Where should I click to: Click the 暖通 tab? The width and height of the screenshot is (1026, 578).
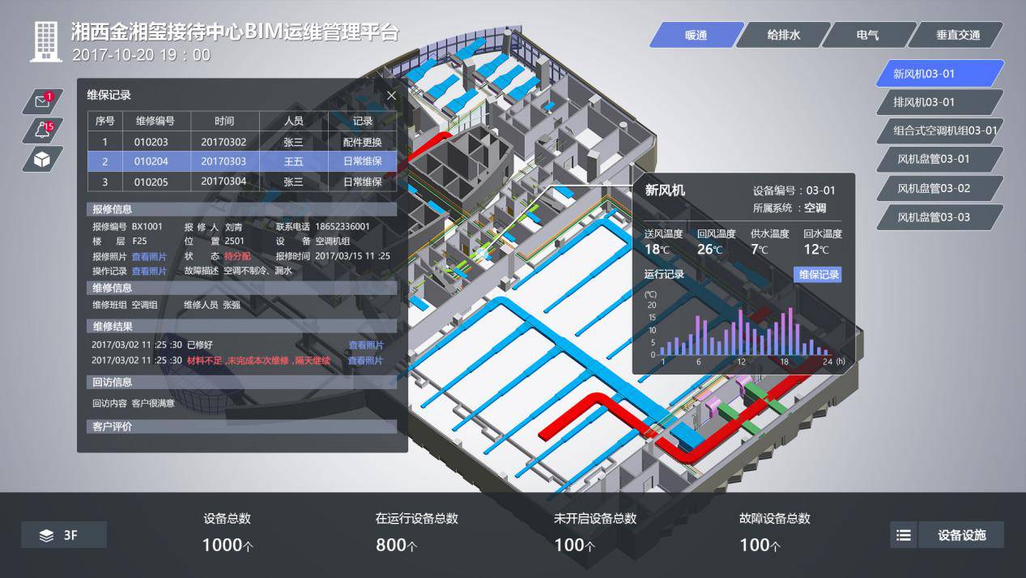pyautogui.click(x=696, y=35)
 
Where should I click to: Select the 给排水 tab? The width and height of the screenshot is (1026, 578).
pyautogui.click(x=784, y=35)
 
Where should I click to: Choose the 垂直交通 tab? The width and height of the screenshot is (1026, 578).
pyautogui.click(x=957, y=35)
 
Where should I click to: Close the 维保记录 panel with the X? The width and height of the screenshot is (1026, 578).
pyautogui.click(x=391, y=96)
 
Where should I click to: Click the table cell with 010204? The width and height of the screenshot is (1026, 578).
pyautogui.click(x=151, y=161)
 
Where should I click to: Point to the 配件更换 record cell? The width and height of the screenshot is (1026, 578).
pyautogui.click(x=363, y=142)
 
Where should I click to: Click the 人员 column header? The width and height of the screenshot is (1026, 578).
pyautogui.click(x=293, y=121)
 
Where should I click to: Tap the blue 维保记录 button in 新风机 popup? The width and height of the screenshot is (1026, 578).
pyautogui.click(x=820, y=275)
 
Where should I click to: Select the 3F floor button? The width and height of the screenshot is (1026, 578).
pyautogui.click(x=64, y=535)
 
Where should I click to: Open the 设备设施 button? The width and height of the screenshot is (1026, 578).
pyautogui.click(x=961, y=535)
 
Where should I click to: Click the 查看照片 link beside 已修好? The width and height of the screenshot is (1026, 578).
pyautogui.click(x=365, y=345)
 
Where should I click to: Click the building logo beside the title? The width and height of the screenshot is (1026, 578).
pyautogui.click(x=46, y=41)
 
